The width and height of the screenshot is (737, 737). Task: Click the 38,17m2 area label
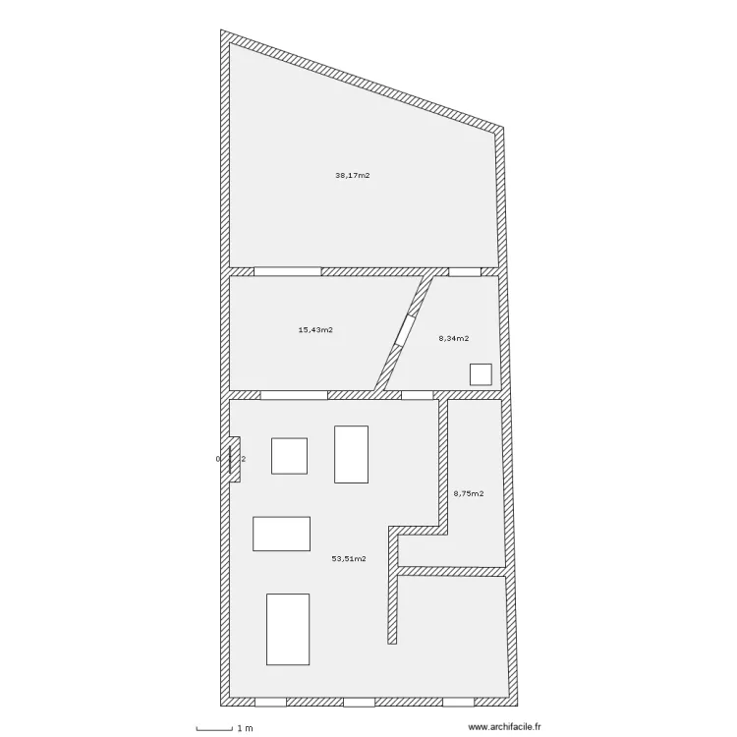(x=352, y=176)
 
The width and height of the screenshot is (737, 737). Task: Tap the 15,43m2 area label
(x=314, y=330)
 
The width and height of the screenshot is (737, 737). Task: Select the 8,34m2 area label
(x=453, y=338)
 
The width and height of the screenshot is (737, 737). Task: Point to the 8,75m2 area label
(x=468, y=493)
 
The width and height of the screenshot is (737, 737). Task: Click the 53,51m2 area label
(x=349, y=558)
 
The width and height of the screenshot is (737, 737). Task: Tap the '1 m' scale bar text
(x=245, y=728)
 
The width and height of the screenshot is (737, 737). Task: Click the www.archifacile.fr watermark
(x=505, y=728)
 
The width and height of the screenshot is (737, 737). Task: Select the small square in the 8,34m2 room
(x=481, y=374)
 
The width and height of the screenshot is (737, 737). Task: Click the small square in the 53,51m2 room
(x=289, y=456)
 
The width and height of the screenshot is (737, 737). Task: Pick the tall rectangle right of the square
(x=351, y=454)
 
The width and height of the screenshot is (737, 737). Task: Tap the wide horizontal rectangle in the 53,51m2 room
(x=281, y=534)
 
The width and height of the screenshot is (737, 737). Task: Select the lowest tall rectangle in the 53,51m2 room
(x=287, y=629)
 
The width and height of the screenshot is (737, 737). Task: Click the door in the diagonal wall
(x=404, y=328)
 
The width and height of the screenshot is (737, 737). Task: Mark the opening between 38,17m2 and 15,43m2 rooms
(x=287, y=271)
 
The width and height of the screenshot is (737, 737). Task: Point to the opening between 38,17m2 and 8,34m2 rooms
(x=463, y=271)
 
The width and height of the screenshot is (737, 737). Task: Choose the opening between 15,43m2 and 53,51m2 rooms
(x=293, y=395)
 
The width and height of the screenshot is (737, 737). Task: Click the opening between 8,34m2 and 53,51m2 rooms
(x=418, y=395)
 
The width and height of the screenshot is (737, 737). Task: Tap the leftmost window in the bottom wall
(x=270, y=703)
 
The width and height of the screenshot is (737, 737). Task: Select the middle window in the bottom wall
(x=359, y=703)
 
